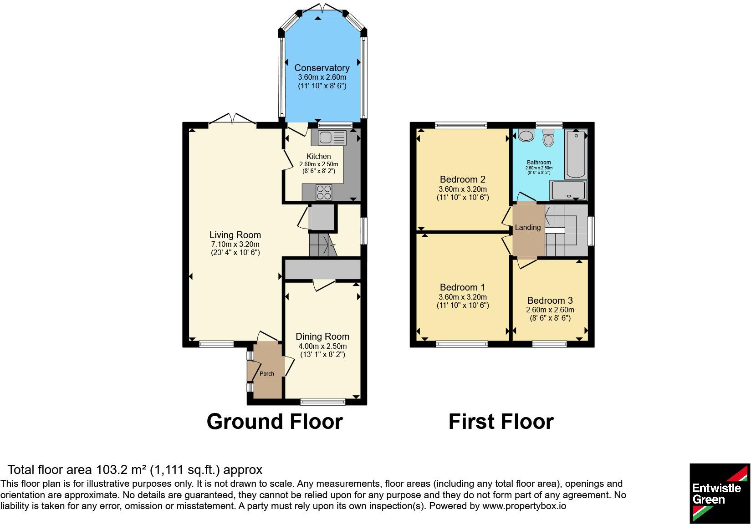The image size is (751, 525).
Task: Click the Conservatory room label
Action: click(x=322, y=68)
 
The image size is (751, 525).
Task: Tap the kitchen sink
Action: click(x=328, y=138)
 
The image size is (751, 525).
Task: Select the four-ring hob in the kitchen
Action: click(x=324, y=193)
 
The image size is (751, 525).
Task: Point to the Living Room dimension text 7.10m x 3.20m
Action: click(x=235, y=244)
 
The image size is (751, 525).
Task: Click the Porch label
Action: click(x=266, y=373)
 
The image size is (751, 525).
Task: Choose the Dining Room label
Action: click(x=322, y=336)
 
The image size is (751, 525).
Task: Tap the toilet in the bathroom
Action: click(x=548, y=138)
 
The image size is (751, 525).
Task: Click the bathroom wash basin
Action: click(x=526, y=135)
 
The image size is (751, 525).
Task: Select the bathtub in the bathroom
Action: click(x=576, y=154)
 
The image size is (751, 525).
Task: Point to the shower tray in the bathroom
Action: click(x=568, y=190)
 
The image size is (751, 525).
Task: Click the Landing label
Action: click(x=528, y=227)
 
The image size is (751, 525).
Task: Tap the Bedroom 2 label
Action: click(x=462, y=179)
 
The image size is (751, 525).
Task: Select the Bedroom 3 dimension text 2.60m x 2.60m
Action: click(x=550, y=310)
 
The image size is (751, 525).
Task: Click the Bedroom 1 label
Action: click(x=462, y=287)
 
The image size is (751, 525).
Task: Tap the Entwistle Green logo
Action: click(x=720, y=493)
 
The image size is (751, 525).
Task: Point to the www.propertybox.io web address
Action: click(x=524, y=505)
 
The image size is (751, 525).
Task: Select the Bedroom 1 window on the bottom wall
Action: click(x=462, y=344)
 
